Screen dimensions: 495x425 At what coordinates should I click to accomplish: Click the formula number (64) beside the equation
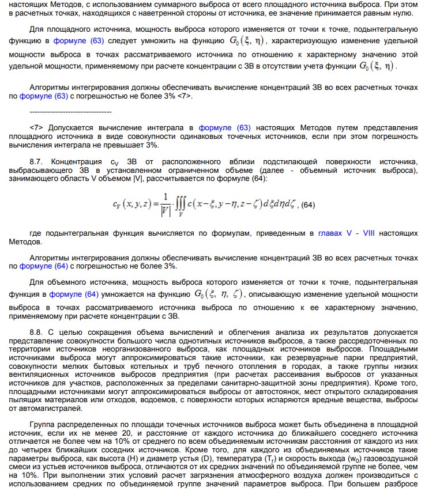[x=308, y=205]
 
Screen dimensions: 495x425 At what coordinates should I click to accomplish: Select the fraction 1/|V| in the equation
[x=166, y=204]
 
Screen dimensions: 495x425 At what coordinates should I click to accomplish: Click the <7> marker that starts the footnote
[x=36, y=127]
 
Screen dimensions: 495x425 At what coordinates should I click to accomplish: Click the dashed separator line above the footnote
[x=70, y=111]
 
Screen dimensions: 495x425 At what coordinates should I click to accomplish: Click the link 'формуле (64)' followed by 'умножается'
[x=74, y=294]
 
